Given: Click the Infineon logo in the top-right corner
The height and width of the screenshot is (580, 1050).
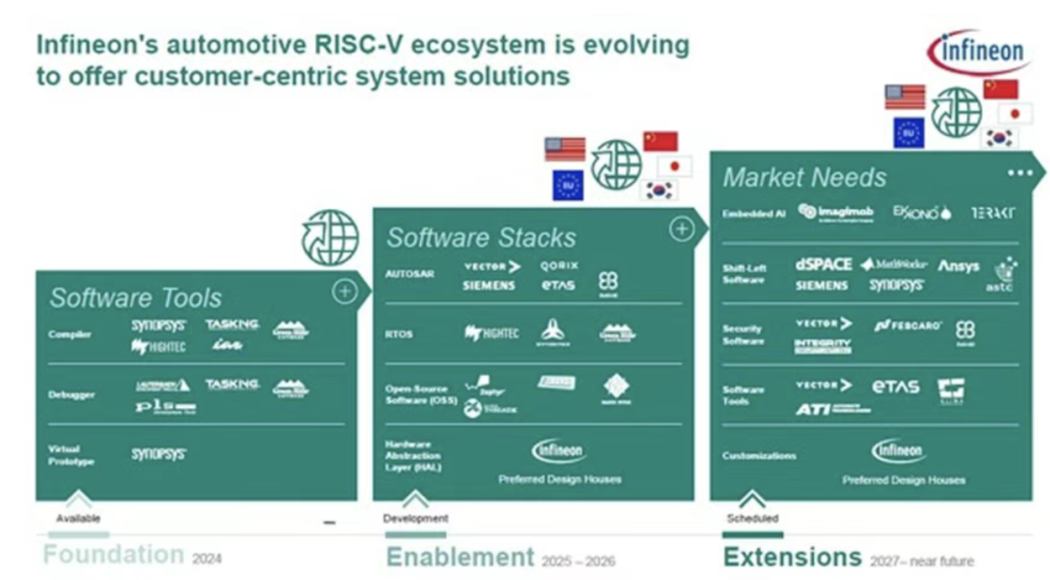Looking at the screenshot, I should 979,50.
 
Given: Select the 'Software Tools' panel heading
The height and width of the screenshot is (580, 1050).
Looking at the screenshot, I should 135,297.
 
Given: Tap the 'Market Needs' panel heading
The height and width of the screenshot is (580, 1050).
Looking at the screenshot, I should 804,177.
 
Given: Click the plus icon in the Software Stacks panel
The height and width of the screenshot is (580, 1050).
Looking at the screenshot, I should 682,229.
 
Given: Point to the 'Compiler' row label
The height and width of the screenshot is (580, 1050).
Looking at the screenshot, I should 70,334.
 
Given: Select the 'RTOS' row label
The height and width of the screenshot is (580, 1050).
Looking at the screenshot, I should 399,333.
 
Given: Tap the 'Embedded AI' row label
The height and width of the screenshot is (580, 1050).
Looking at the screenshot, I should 754,213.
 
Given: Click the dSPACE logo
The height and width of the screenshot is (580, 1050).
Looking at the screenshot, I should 823,264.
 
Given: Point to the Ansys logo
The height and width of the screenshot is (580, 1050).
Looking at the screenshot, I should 958,266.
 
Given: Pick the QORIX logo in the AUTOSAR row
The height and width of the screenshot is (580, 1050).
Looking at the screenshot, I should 559,265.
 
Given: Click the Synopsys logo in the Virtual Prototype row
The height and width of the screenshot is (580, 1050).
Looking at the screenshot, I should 158,454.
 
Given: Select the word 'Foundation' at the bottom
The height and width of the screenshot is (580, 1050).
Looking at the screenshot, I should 113,555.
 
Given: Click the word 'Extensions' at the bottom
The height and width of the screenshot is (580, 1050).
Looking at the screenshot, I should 791,557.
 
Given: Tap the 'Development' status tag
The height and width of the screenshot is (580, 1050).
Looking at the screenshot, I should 415,519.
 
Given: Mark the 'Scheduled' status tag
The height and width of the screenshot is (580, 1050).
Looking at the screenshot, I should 752,519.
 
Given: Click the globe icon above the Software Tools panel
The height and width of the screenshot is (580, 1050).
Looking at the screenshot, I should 331,238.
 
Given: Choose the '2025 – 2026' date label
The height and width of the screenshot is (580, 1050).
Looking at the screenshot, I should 579,561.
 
